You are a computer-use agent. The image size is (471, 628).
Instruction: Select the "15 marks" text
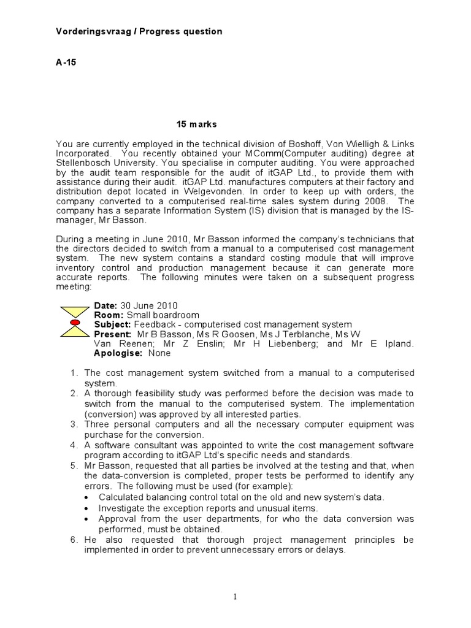click(196, 124)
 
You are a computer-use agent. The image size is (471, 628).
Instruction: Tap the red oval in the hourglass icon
click(74, 322)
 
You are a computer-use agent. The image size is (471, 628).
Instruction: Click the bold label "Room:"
click(109, 315)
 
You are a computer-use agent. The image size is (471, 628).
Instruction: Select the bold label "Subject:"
click(112, 324)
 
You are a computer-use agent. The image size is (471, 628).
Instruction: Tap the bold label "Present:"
click(112, 334)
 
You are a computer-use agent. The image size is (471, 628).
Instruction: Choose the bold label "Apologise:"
click(117, 353)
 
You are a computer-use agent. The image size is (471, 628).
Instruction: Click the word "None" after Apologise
click(159, 353)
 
